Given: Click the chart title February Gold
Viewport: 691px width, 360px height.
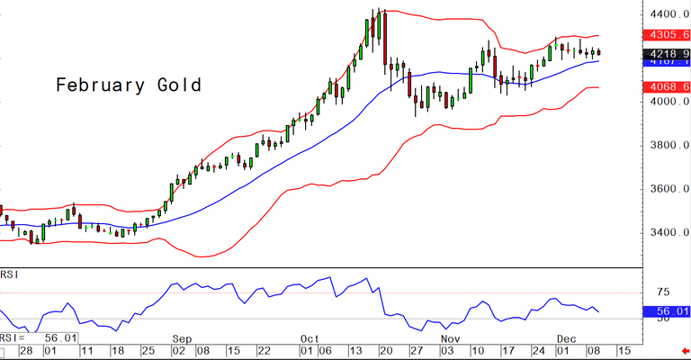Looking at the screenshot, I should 128,85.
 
